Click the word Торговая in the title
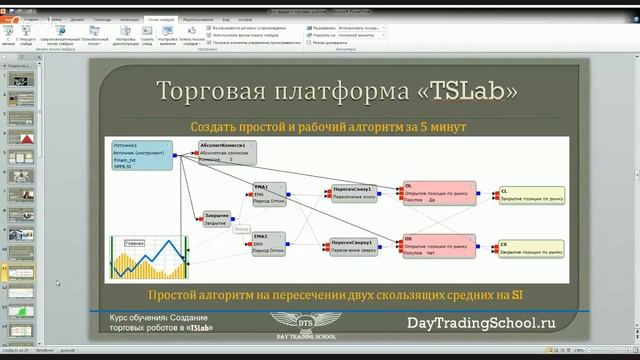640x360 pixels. [x=206, y=92]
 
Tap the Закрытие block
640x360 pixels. [x=216, y=218]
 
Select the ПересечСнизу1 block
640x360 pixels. [x=354, y=193]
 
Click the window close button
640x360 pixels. [x=627, y=4]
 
